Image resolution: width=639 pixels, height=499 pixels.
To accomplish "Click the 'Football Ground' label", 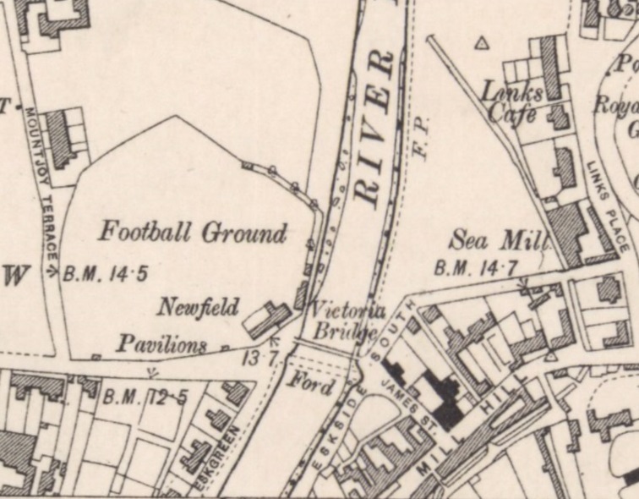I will pyautogui.click(x=194, y=232).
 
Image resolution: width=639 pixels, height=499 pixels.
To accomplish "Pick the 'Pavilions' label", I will pyautogui.click(x=161, y=344).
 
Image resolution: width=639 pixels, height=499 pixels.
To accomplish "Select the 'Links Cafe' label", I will pyautogui.click(x=511, y=101).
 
